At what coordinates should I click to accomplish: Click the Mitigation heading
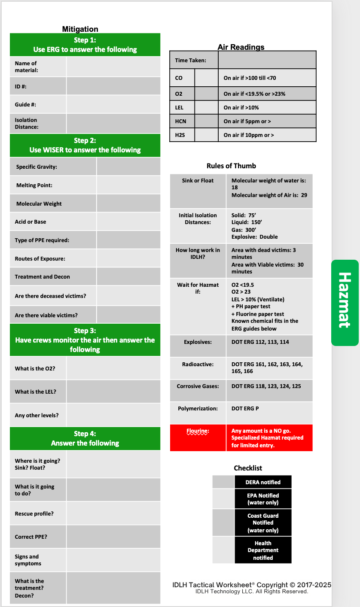(80, 29)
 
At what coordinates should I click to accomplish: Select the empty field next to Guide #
(113, 104)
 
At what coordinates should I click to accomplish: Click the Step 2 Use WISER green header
(85, 145)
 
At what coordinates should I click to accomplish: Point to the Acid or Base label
(31, 222)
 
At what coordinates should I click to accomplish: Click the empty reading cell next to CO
(206, 78)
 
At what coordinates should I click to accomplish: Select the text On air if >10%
(241, 108)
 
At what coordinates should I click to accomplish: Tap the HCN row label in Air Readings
(180, 121)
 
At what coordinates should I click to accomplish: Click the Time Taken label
(190, 61)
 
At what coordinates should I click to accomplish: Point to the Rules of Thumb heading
(231, 166)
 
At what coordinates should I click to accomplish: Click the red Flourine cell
(198, 437)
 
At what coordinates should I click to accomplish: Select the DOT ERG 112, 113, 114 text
(260, 342)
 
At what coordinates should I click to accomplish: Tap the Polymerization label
(198, 409)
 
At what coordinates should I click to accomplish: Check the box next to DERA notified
(223, 482)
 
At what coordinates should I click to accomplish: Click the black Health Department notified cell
(263, 550)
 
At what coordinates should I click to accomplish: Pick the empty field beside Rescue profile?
(113, 513)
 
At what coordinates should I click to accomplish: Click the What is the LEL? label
(35, 392)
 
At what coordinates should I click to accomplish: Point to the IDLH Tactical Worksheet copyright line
(251, 585)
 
